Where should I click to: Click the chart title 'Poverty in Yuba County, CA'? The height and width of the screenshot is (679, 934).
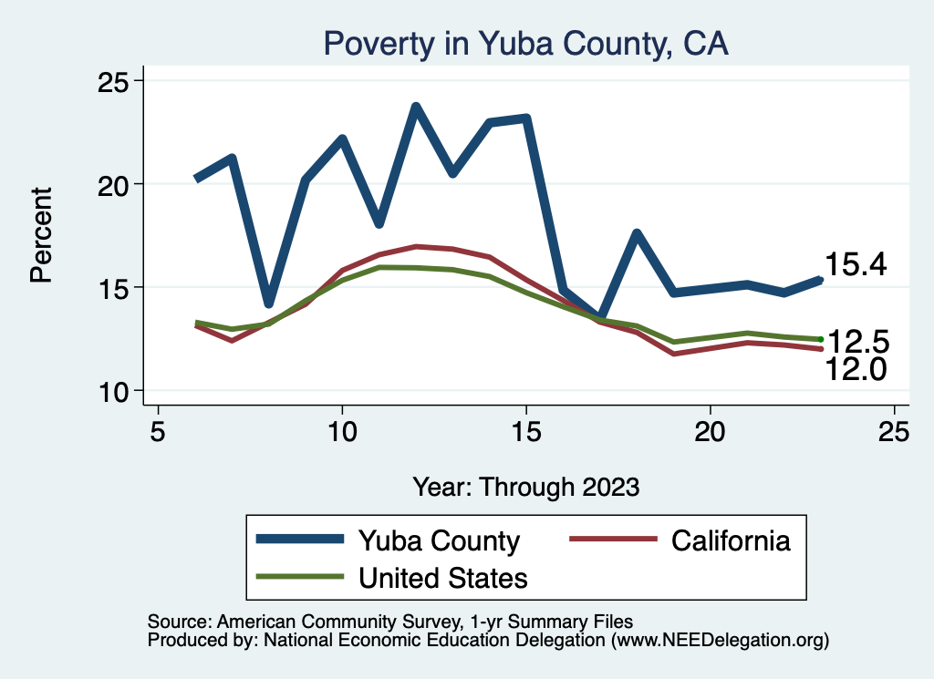[x=526, y=44]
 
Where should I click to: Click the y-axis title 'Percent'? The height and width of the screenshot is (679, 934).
[x=41, y=234]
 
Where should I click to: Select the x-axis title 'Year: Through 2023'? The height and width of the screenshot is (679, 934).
[x=526, y=486]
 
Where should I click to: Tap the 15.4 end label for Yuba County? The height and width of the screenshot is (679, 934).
[x=856, y=264]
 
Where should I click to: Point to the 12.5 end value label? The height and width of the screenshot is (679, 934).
[x=856, y=343]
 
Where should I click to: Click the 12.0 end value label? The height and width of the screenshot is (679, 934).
[x=856, y=368]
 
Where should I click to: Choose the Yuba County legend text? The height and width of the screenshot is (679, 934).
[x=439, y=540]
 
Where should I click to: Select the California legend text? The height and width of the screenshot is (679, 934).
[x=731, y=540]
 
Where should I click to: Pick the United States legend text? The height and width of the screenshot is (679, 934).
[x=443, y=578]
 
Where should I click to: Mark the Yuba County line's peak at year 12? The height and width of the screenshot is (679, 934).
[x=416, y=108]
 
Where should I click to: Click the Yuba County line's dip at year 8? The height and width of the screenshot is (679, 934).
[x=268, y=303]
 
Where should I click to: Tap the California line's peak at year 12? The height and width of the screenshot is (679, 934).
[x=416, y=246]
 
